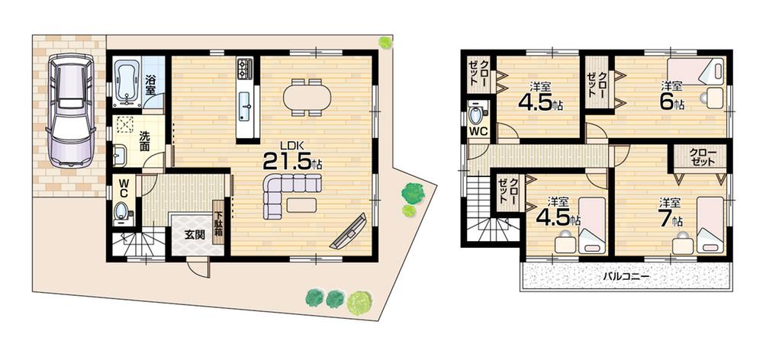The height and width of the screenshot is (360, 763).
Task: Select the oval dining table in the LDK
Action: [307, 97]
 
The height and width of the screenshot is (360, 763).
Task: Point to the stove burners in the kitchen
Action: [245, 69]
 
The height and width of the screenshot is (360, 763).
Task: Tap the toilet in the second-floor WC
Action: [478, 115]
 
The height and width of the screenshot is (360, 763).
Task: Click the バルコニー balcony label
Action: [626, 276]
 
